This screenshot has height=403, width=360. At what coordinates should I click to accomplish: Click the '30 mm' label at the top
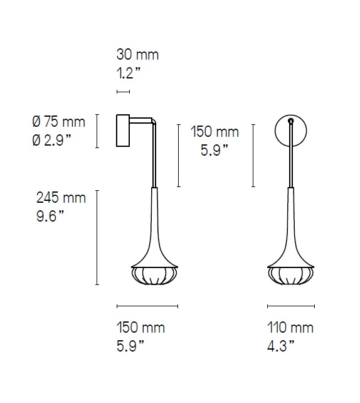(137, 55)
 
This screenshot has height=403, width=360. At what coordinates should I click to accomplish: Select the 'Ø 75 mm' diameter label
(58, 122)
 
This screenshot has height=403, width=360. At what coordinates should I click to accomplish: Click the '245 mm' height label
(61, 198)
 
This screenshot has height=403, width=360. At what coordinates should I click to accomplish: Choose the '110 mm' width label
(290, 328)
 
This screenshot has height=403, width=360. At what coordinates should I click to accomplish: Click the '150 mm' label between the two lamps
(215, 132)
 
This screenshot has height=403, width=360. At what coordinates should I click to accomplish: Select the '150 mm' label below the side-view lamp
(140, 328)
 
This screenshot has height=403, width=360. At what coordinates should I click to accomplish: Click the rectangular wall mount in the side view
(123, 131)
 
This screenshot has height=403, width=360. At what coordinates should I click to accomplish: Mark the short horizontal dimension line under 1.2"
(123, 92)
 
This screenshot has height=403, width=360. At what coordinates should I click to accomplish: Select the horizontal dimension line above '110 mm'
(290, 306)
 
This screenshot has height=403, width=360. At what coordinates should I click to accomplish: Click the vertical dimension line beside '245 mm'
(97, 237)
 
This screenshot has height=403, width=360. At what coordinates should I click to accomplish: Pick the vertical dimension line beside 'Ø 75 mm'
(97, 131)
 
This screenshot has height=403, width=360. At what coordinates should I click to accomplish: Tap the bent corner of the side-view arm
(153, 122)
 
